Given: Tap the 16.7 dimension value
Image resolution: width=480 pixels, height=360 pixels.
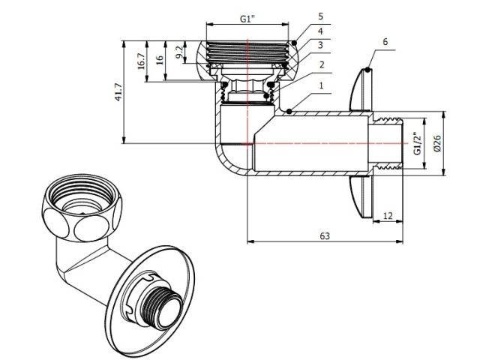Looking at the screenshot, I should point(142,61).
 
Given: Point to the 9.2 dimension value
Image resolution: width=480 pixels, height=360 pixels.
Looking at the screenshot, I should point(178,53).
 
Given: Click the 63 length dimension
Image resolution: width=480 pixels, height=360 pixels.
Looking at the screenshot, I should point(324,235).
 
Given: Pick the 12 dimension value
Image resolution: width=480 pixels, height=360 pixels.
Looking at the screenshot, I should point(388,214).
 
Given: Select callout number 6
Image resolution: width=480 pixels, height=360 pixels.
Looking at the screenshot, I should point(385,42).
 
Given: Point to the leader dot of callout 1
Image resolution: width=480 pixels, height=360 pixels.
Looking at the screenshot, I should point(289,112).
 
